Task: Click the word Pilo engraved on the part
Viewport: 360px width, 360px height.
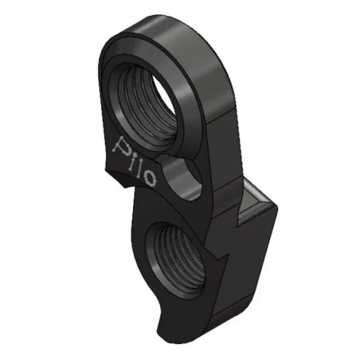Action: pyautogui.click(x=139, y=160)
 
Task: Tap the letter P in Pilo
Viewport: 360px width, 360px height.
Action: pyautogui.click(x=123, y=147)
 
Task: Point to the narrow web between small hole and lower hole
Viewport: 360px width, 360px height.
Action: pyautogui.click(x=179, y=201)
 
